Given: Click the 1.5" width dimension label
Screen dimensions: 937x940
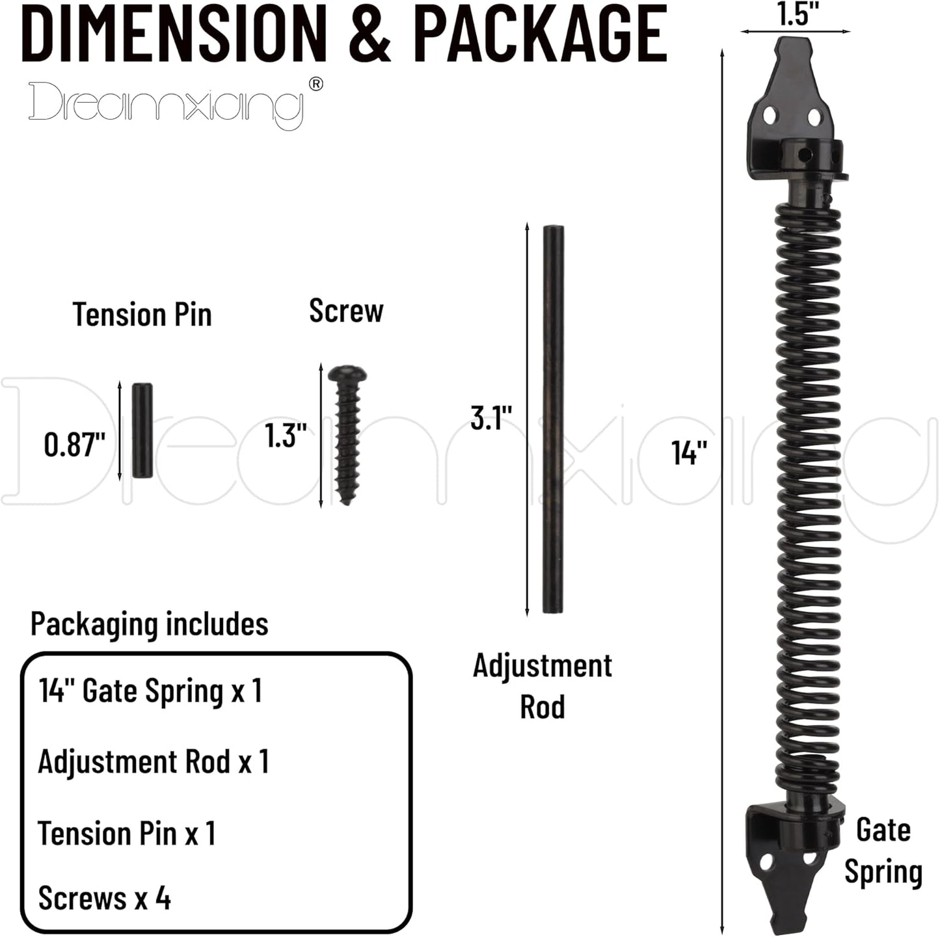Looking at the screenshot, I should (x=796, y=14).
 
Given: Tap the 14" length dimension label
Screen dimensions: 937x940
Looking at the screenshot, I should (x=689, y=453).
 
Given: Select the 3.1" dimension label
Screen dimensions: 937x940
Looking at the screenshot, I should (x=491, y=417).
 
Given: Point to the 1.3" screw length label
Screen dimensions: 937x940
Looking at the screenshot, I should (x=286, y=435).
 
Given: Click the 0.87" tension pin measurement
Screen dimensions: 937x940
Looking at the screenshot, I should (x=74, y=445).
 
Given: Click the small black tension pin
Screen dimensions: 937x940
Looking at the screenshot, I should (x=142, y=430).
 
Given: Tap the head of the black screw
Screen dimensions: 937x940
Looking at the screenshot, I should (x=347, y=375).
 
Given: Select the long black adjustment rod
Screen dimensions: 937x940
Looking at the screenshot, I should (x=553, y=419).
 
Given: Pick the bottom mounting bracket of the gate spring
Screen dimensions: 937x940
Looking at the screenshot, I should (x=790, y=858).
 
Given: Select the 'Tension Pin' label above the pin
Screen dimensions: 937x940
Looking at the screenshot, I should (x=142, y=315).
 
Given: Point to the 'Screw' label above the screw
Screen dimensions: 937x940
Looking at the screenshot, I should (x=346, y=310).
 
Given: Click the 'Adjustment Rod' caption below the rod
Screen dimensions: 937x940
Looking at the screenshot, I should (x=542, y=686).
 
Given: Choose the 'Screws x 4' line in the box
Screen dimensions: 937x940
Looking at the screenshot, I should (x=105, y=898).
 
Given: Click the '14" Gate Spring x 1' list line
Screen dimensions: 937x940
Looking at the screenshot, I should (x=150, y=691).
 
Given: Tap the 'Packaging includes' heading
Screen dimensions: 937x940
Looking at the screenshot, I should (x=149, y=624).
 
